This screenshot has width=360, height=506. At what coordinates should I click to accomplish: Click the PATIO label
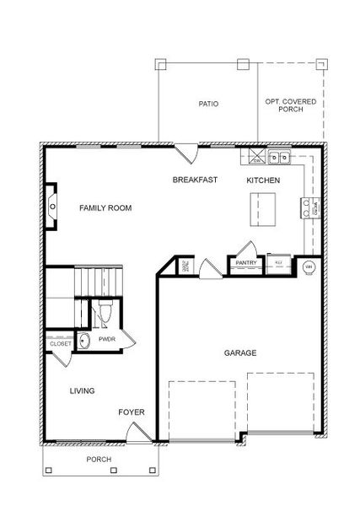pyautogui.click(x=208, y=105)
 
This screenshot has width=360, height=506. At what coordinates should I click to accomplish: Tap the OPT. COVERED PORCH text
pyautogui.click(x=290, y=105)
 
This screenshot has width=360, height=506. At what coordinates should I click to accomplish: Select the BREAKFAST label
pyautogui.click(x=196, y=180)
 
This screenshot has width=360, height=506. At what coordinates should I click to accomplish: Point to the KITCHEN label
pyautogui.click(x=263, y=180)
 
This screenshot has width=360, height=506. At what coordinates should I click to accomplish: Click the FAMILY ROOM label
pyautogui.click(x=105, y=207)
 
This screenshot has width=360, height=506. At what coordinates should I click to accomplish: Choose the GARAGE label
pyautogui.click(x=240, y=353)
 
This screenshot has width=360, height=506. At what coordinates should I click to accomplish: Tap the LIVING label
pyautogui.click(x=82, y=390)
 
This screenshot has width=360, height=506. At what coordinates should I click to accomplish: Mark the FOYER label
pyautogui.click(x=131, y=412)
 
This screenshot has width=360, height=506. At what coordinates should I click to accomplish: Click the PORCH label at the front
pyautogui.click(x=99, y=460)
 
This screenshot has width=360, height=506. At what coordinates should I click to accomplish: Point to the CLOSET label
pyautogui.click(x=60, y=344)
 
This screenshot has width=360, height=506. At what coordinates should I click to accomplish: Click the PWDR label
pyautogui.click(x=107, y=339)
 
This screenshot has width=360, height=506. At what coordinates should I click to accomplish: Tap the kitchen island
pyautogui.click(x=264, y=208)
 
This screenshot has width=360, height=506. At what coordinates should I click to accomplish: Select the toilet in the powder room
pyautogui.click(x=105, y=313)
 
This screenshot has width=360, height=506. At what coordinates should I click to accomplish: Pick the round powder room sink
pyautogui.click(x=84, y=341)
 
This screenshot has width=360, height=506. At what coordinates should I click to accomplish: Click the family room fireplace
pyautogui.click(x=53, y=207)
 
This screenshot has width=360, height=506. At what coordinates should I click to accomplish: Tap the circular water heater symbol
pyautogui.click(x=308, y=267)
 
